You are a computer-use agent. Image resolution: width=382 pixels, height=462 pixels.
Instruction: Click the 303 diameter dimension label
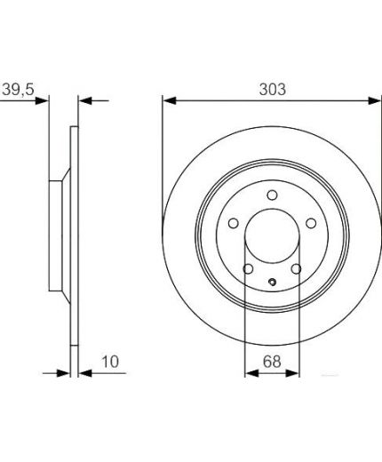pos(273,89)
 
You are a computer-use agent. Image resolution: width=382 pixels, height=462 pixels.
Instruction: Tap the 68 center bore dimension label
pos(272,362)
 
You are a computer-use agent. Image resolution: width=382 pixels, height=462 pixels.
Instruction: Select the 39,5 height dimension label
pos(19,90)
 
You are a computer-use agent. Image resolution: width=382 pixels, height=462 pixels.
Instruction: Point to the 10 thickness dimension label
pos(110,362)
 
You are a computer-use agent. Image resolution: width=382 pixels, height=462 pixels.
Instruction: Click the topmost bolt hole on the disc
pos(272,195)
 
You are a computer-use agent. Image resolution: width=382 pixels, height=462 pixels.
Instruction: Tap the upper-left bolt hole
pos(234,223)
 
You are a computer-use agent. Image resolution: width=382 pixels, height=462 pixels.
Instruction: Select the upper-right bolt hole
pos(311,223)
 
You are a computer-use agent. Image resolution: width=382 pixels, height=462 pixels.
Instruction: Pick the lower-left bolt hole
pos(248,269)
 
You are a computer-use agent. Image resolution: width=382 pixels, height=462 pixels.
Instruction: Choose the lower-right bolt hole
pos(296,269)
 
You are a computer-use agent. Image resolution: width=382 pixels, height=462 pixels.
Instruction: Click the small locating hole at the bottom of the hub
pos(272,282)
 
